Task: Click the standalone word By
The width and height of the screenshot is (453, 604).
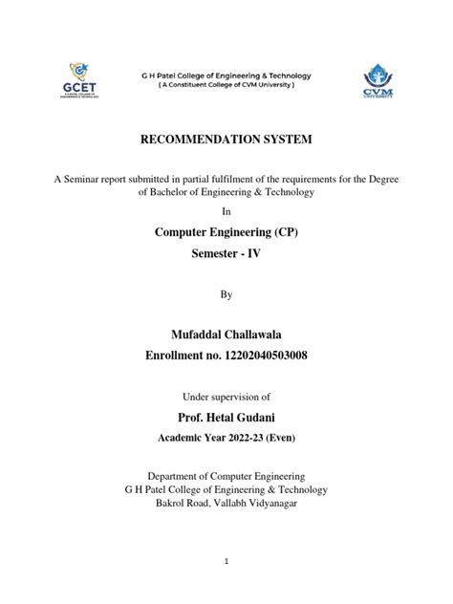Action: coord(226,295)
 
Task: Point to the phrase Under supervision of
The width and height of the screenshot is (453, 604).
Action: coord(226,396)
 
